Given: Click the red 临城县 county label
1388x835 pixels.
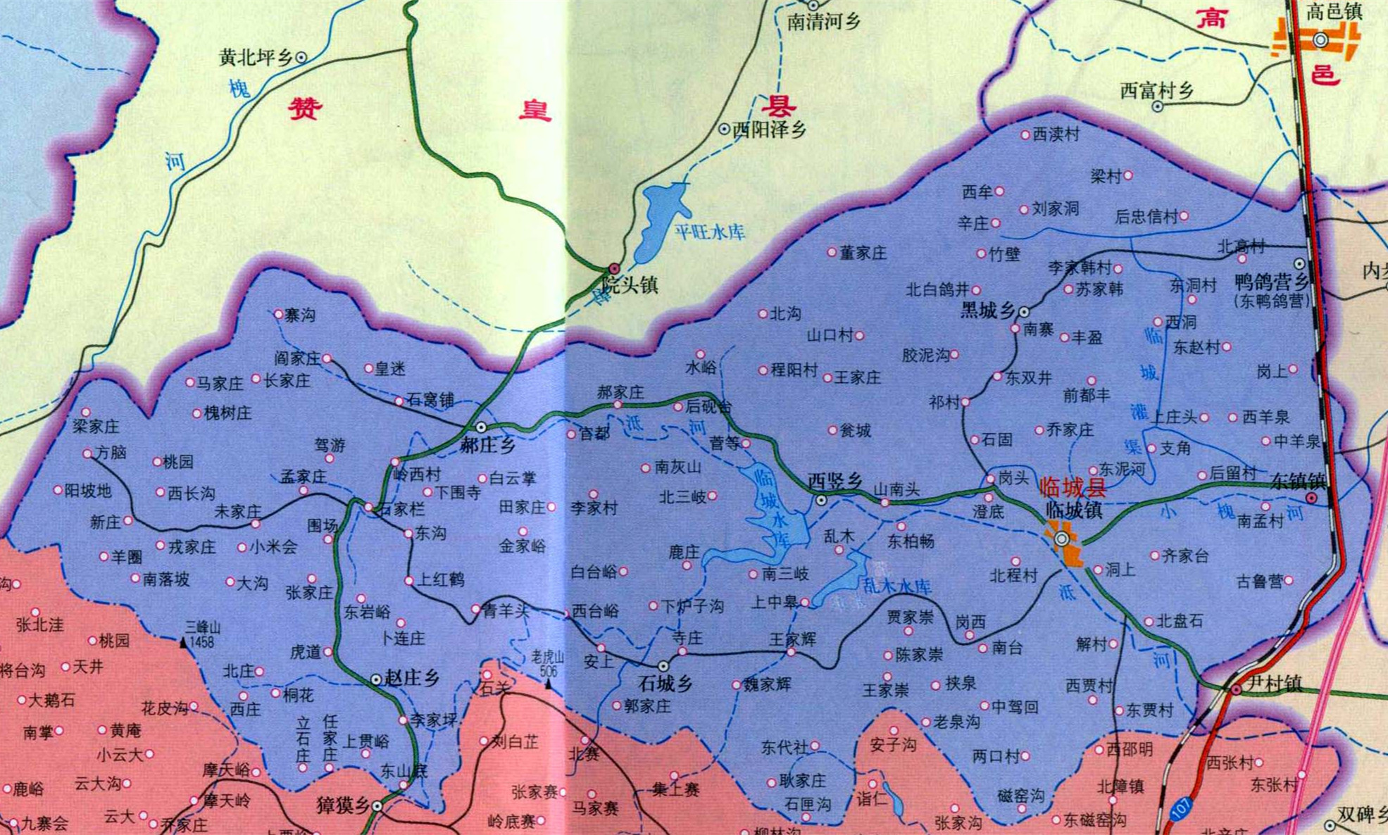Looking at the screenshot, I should pos(1073,486).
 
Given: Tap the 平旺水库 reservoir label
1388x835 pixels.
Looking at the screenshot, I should pos(709,231).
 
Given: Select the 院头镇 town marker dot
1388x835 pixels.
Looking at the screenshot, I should pos(614,269).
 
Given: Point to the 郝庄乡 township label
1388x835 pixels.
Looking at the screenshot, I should pos(488,445).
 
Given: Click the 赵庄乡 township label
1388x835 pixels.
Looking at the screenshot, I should pos(412,678).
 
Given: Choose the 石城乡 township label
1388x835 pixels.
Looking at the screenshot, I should pos(665,683).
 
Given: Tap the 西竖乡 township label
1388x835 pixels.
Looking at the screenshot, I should pos(834,482).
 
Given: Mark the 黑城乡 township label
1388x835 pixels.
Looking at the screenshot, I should pos(987,310).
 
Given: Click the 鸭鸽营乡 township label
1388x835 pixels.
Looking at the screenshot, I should pos(1272,282).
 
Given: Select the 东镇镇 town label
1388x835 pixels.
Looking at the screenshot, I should pos(1298,482).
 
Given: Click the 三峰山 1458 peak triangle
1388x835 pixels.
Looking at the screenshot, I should pos(184,642).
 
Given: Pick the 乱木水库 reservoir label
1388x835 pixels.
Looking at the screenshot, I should pos(896,586).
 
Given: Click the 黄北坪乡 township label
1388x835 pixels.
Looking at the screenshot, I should pos(256,57).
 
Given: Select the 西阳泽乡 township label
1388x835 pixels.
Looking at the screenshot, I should pos(769,130).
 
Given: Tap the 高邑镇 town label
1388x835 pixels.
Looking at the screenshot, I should pos(1334,12).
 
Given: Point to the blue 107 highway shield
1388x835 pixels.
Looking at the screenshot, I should pos(1181,808).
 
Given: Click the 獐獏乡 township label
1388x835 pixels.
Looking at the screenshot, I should pos(343,805).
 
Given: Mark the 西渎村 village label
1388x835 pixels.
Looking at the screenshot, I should pos(1056,134).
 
